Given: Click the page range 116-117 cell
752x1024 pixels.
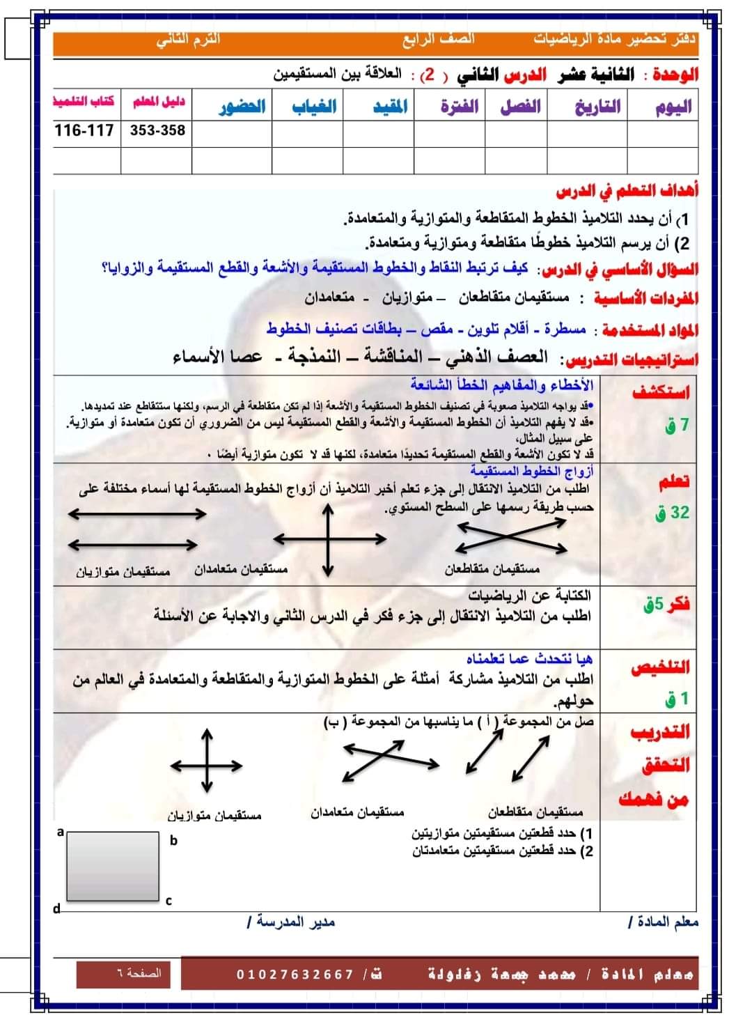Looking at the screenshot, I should coord(84,130).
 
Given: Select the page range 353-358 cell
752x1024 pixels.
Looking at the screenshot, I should coord(157,130).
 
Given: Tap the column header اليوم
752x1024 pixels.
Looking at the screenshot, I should coord(673,107).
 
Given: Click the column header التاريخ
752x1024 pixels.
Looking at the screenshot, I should coord(597,107).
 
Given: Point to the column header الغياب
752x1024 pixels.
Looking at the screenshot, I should coord(313,107).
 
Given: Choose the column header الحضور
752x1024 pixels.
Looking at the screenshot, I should coord(242,107).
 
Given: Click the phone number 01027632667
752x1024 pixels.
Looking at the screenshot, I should coord(295,974).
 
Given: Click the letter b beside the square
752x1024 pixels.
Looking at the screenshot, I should coord(173,841).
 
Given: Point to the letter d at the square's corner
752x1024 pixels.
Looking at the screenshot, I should coord(57,908).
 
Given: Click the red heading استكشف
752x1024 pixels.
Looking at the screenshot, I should coord(661,392).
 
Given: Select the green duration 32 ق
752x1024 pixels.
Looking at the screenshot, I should coord(671,513).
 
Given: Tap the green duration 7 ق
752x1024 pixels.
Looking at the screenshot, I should coord(676,424).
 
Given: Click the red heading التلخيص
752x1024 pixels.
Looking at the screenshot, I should coord(660,667).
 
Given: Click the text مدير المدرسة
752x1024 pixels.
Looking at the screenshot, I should coord(290,922).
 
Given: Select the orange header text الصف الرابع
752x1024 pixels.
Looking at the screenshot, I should coord(438,39).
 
